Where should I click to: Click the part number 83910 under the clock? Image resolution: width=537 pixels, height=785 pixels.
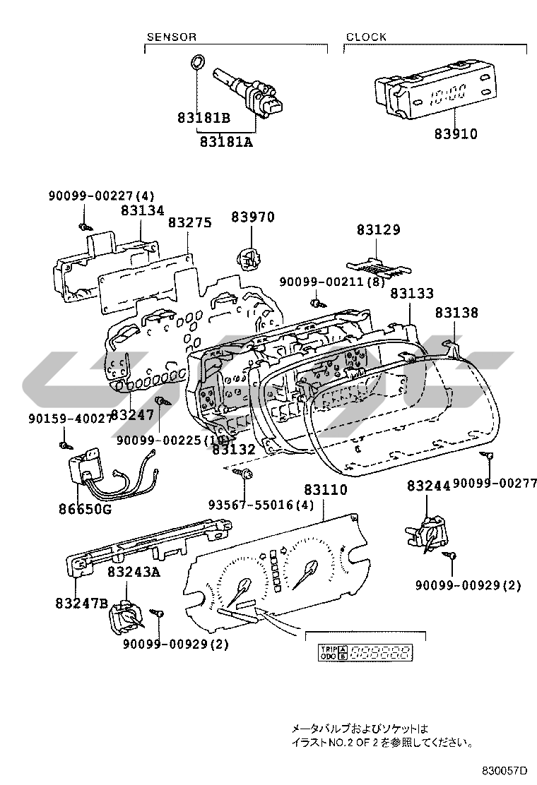(x=456, y=133)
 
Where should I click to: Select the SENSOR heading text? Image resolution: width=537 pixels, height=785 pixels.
(x=171, y=37)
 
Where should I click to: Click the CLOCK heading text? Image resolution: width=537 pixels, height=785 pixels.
(x=366, y=37)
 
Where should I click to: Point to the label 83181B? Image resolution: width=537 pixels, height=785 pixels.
(x=203, y=119)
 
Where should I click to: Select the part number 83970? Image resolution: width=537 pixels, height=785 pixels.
(x=252, y=217)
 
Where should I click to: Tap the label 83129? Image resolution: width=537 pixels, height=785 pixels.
(x=378, y=229)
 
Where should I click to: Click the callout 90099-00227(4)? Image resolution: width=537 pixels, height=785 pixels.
(x=101, y=196)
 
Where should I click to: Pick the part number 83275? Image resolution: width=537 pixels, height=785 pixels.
(x=189, y=222)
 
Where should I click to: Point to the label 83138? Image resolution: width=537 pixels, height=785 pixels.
(x=456, y=312)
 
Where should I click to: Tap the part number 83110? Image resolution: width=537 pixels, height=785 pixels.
(x=326, y=489)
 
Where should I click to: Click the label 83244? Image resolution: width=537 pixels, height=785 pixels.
(x=428, y=486)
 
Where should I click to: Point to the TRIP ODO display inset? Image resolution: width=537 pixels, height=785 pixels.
(x=366, y=652)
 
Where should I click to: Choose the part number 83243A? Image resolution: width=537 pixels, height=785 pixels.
(x=134, y=573)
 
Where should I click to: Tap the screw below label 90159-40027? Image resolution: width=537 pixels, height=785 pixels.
(x=64, y=445)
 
